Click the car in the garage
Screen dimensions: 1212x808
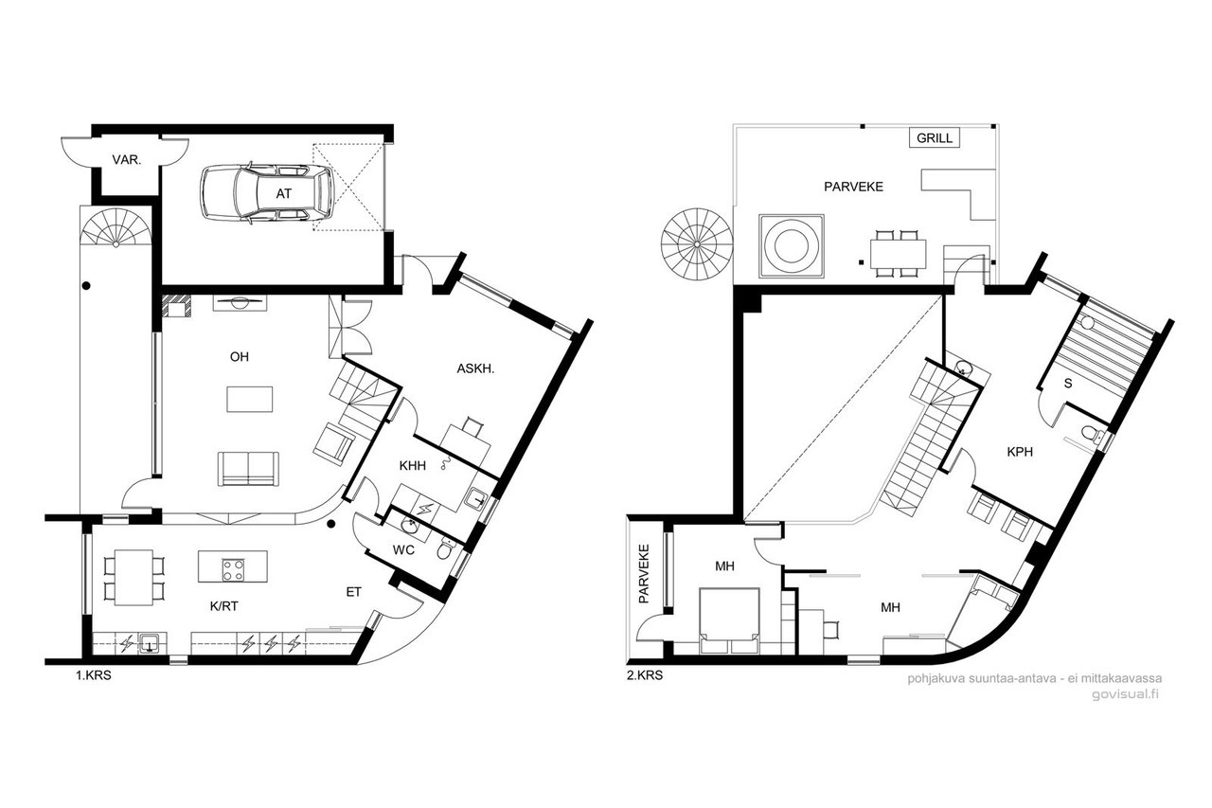tap(267, 192)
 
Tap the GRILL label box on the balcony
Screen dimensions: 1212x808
tap(935, 138)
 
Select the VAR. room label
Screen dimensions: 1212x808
tap(127, 160)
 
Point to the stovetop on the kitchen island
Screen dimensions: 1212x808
tap(233, 570)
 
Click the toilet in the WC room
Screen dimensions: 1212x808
tap(445, 549)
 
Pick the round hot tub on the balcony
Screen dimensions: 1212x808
tap(791, 246)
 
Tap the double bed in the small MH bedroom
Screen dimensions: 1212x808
tap(729, 620)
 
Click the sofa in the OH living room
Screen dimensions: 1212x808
tap(248, 469)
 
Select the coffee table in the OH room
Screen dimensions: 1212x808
tap(249, 399)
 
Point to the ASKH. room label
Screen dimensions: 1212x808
tap(475, 369)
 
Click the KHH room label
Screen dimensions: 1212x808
tap(412, 465)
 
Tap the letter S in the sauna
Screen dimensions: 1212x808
tap(1068, 384)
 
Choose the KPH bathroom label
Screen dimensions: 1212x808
tap(1020, 451)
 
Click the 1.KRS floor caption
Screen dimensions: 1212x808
tap(93, 675)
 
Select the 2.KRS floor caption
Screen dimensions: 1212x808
tap(645, 675)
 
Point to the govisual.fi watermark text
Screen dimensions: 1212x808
tap(1125, 694)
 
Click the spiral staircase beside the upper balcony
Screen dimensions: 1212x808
tap(697, 244)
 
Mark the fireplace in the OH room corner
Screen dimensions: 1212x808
tap(177, 306)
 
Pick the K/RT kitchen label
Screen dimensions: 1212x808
tap(224, 606)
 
